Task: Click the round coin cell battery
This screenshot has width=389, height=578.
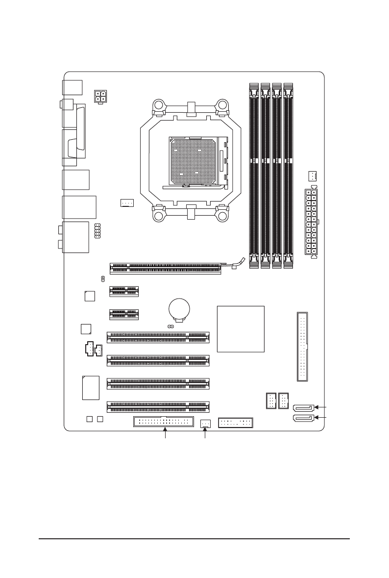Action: tap(179, 309)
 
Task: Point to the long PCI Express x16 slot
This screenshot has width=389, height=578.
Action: tap(166, 268)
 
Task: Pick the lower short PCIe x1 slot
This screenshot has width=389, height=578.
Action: tap(123, 314)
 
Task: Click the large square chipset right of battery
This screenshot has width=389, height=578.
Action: tap(241, 329)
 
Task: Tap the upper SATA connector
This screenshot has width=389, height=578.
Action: tap(304, 407)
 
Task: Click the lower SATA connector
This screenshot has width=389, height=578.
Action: tap(304, 418)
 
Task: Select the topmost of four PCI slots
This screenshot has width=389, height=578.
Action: tap(158, 337)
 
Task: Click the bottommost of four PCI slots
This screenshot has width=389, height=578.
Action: tap(158, 406)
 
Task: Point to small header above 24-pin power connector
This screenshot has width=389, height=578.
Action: tap(313, 176)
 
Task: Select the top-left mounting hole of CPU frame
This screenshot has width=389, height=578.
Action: tap(159, 105)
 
